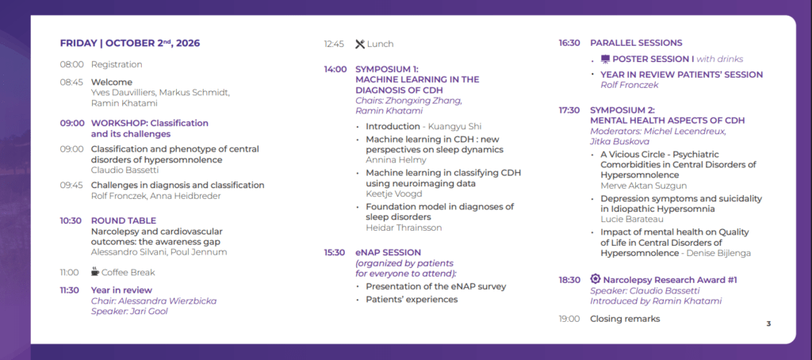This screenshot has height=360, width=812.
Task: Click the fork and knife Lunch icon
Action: pyautogui.click(x=360, y=44)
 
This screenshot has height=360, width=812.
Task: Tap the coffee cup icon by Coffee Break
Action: pyautogui.click(x=95, y=271)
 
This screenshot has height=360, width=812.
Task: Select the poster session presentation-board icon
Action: pyautogui.click(x=605, y=59)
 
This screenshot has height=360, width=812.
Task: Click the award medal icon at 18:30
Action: pyautogui.click(x=595, y=278)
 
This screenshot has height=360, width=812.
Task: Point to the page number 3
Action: pyautogui.click(x=768, y=324)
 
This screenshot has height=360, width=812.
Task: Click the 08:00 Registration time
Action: pyautogui.click(x=71, y=65)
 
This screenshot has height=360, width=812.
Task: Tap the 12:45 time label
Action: pyautogui.click(x=334, y=44)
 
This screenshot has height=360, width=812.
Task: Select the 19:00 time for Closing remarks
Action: pyautogui.click(x=569, y=319)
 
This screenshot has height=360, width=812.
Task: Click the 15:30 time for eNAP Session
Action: pyautogui.click(x=335, y=253)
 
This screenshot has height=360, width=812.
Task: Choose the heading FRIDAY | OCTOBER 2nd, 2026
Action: pyautogui.click(x=130, y=43)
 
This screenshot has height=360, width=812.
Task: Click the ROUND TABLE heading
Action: pyautogui.click(x=123, y=220)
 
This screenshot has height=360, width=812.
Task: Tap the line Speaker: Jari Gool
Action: pyautogui.click(x=129, y=312)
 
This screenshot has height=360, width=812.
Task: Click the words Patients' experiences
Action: pyautogui.click(x=412, y=300)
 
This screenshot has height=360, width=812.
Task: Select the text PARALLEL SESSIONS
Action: pyautogui.click(x=637, y=43)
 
